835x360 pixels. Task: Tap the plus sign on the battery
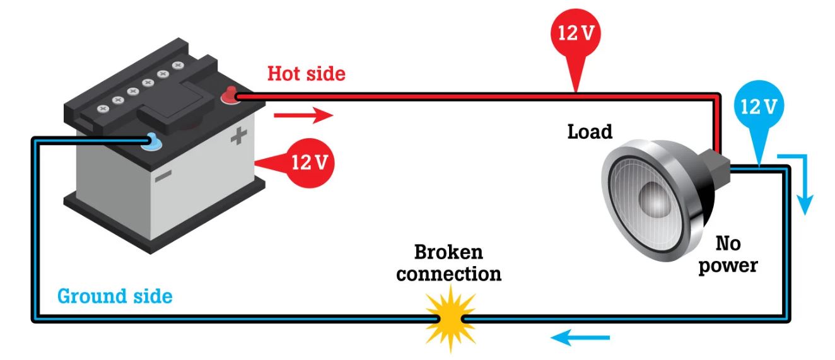click(x=238, y=136)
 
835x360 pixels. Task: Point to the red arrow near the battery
click(x=303, y=115)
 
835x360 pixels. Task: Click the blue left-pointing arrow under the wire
click(x=581, y=339)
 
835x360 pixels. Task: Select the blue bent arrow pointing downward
click(x=800, y=183)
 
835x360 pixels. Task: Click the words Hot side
click(x=307, y=74)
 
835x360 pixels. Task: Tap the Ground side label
click(x=115, y=295)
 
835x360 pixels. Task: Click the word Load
click(x=590, y=132)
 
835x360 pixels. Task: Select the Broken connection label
click(x=450, y=264)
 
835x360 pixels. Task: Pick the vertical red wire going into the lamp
click(x=717, y=126)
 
